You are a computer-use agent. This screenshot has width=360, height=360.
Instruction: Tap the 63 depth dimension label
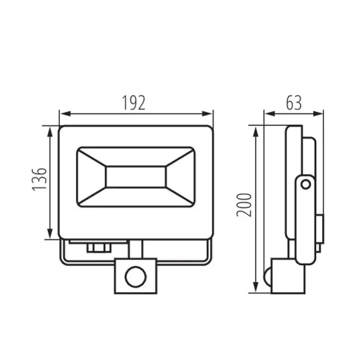[x=293, y=103]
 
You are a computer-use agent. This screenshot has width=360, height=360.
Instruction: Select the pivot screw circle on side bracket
[x=306, y=182]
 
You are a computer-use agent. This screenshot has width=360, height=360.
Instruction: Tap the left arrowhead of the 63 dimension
[x=268, y=113]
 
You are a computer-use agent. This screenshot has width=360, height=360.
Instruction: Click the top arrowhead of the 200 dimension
[x=256, y=129]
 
